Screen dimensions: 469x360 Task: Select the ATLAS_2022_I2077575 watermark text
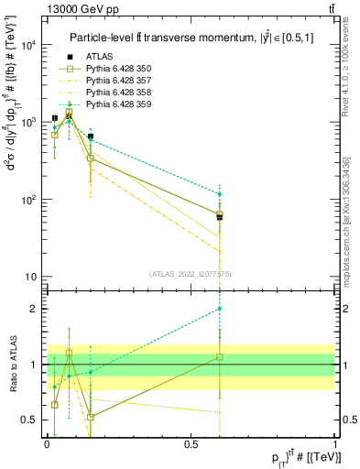click(x=191, y=273)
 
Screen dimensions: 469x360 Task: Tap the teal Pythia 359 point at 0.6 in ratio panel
click(x=219, y=309)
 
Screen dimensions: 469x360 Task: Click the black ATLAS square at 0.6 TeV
click(x=219, y=217)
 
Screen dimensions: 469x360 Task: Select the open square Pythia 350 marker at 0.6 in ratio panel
click(x=219, y=357)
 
